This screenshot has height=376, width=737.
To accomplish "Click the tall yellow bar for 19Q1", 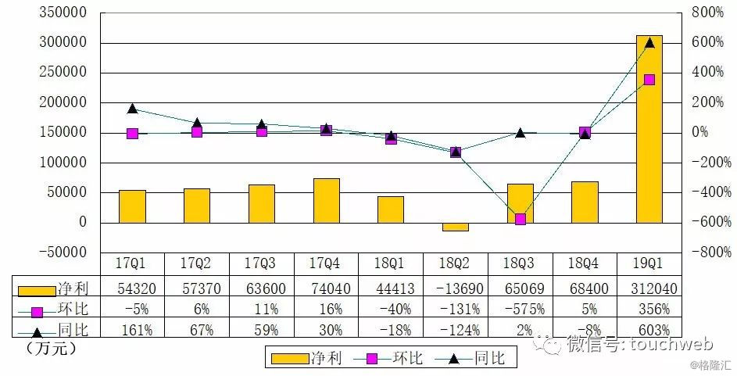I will coord(649,129).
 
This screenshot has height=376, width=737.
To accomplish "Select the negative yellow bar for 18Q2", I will coord(455,227).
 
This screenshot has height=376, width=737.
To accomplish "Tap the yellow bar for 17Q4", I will coord(326,200).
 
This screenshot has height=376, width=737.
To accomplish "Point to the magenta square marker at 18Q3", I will coord(520,219).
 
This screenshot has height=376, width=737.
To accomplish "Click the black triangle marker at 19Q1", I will coord(649,42).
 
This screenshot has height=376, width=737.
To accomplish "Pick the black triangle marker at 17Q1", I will coord(132,109).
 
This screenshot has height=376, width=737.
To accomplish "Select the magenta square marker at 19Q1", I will coord(649,80).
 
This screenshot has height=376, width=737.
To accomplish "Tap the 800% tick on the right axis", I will coord(707,13).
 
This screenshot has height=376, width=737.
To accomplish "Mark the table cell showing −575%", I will coord(520,309).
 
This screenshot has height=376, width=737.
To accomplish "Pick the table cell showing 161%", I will coord(132,329).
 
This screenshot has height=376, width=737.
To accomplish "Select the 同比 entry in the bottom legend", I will coord(478,359).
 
